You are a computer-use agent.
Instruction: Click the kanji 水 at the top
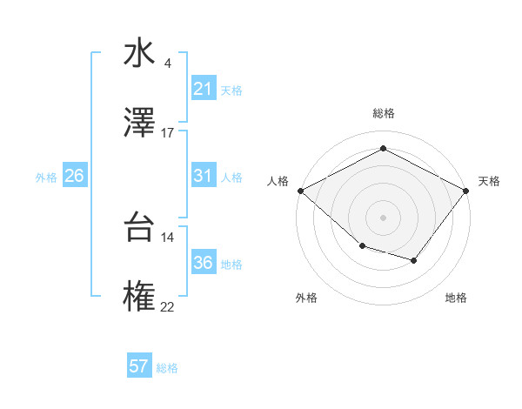tap(138, 54)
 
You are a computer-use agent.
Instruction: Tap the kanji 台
tap(138, 228)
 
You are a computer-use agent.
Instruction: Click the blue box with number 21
tap(203, 89)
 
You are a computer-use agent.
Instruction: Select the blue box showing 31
tap(203, 176)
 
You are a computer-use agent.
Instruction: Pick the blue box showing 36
tap(203, 263)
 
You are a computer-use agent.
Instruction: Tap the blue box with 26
tap(74, 176)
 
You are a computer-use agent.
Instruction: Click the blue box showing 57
tap(139, 366)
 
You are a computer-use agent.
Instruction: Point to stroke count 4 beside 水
tap(168, 64)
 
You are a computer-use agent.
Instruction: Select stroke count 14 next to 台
tap(168, 237)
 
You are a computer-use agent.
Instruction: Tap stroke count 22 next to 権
tap(168, 306)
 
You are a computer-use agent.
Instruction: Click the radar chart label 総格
tap(383, 113)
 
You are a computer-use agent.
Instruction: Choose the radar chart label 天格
tap(489, 181)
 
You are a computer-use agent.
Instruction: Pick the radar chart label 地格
tap(456, 298)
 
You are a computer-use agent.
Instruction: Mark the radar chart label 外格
tap(306, 298)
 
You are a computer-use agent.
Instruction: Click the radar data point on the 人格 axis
tap(300, 191)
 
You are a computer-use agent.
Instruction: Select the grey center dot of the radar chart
tap(383, 217)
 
